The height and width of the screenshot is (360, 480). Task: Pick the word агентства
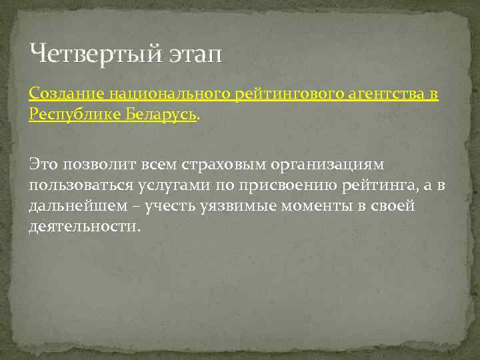379,95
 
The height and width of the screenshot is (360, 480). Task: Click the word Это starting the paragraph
43,163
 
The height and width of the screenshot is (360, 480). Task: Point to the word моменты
313,206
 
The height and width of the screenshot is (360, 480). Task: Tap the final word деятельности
84,227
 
